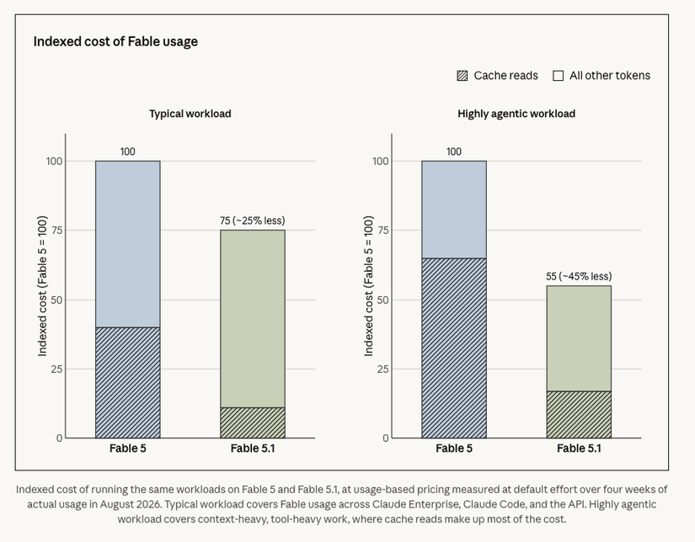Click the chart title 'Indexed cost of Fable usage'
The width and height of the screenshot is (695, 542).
tap(115, 41)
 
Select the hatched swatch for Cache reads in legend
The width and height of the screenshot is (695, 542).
tap(462, 76)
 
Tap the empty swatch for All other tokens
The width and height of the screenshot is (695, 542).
tap(558, 76)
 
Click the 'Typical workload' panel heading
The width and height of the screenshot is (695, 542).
tap(190, 114)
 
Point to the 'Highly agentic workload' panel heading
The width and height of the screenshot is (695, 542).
tap(516, 114)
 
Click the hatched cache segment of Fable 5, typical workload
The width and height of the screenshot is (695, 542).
tap(128, 383)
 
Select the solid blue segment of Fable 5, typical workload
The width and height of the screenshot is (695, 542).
tap(128, 244)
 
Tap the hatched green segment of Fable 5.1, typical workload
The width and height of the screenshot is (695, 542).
tap(253, 422)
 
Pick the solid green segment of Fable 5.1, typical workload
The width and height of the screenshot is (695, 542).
tap(253, 319)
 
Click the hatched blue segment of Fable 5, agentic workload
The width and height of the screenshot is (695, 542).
tap(454, 348)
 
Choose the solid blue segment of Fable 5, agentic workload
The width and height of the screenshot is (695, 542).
tap(454, 210)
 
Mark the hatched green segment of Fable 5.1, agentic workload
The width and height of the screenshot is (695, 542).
tap(579, 414)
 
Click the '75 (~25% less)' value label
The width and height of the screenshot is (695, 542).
tap(253, 221)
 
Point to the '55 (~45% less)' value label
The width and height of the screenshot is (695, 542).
tap(579, 276)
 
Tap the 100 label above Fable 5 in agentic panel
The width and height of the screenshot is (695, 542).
tap(454, 151)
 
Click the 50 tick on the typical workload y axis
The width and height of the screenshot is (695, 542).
tap(56, 300)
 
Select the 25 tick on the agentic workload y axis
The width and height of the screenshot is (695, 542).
tap(382, 369)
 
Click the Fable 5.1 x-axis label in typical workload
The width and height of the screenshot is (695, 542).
tap(253, 449)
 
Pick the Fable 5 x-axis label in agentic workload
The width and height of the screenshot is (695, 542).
tap(454, 449)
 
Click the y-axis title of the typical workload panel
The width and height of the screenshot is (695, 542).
tap(42, 286)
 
